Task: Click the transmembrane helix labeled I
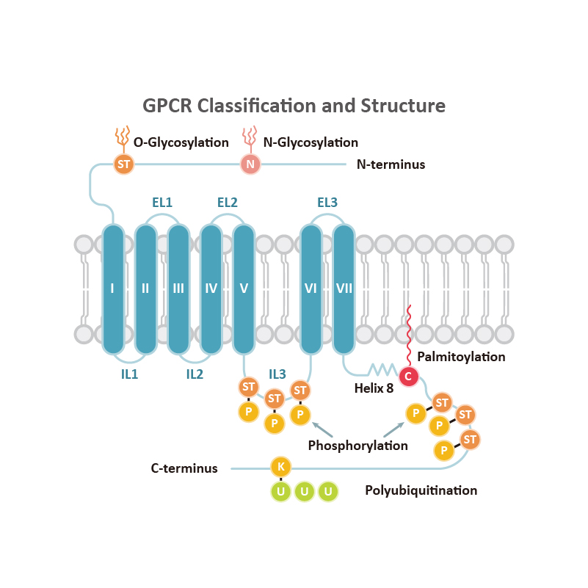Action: pos(112,288)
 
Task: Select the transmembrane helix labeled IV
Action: pos(211,288)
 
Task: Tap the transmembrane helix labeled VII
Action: pos(344,288)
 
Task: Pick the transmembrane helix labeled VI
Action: pos(311,288)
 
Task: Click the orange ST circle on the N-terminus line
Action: pos(124,164)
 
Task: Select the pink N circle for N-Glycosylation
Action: pos(250,164)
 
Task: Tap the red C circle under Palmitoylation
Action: pos(408,377)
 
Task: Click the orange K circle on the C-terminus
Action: pos(280,467)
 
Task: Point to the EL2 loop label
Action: pos(228,202)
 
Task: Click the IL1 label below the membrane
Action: pos(129,374)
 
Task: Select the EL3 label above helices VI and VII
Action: pos(327,202)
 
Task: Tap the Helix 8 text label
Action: pos(374,388)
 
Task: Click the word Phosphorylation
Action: pos(357,446)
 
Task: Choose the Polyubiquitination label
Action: pos(421,490)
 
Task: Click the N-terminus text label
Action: pos(391,164)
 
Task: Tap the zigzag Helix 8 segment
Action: pos(382,369)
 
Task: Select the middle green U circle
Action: pos(304,491)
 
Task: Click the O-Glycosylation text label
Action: pos(181,142)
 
